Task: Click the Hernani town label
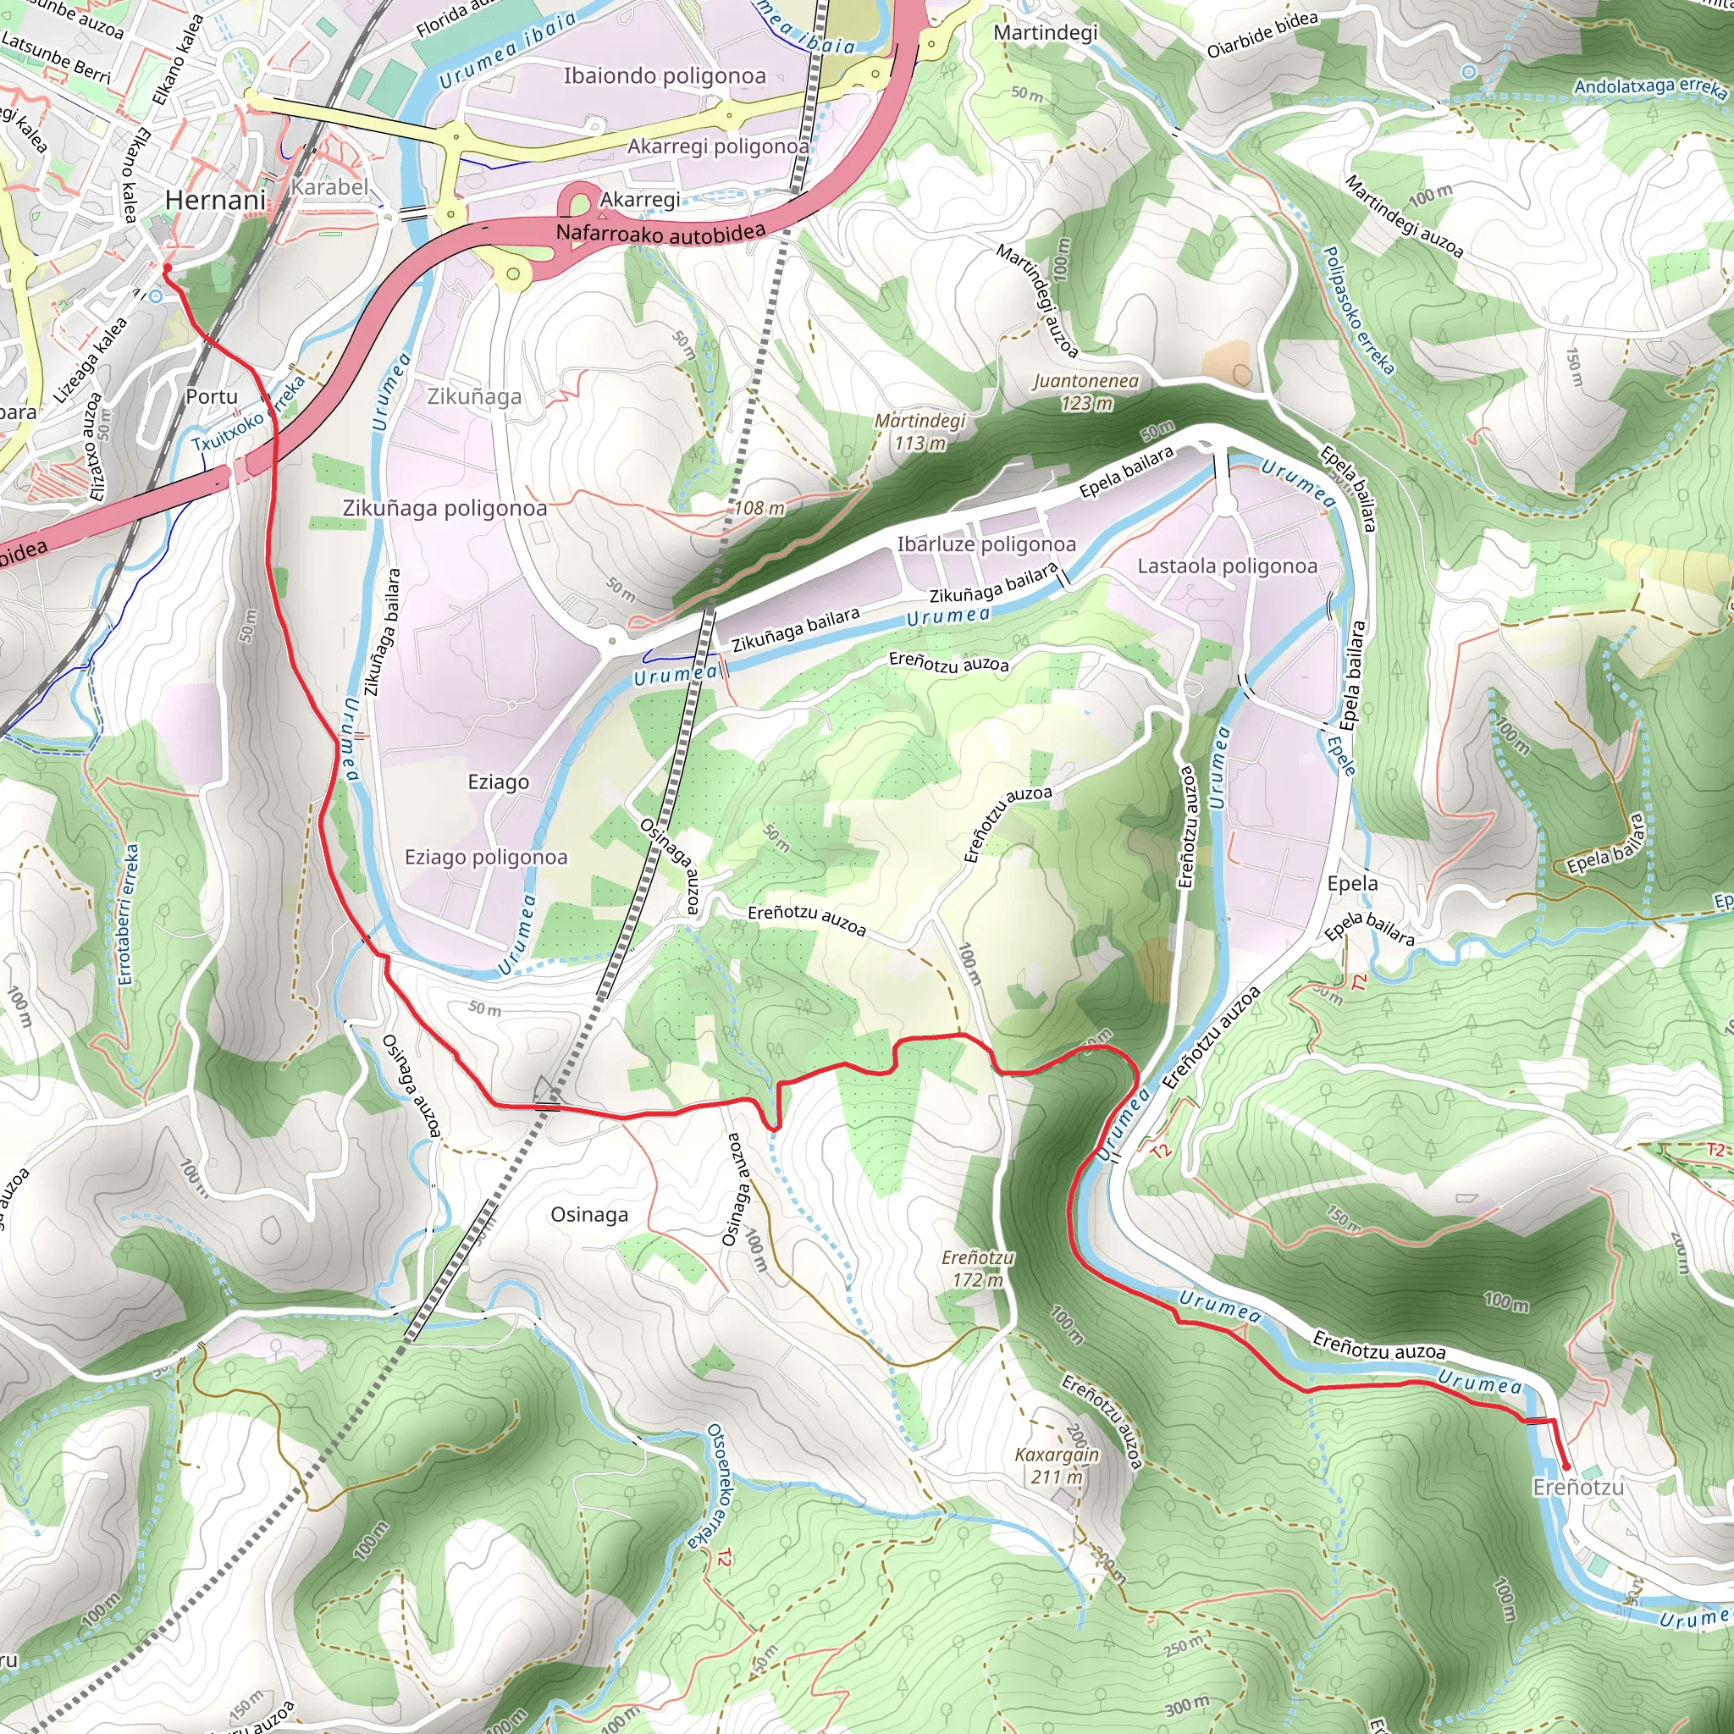coord(215,200)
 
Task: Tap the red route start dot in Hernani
coord(167,268)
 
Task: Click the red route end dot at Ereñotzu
coord(1566,1466)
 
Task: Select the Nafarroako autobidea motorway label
coord(660,234)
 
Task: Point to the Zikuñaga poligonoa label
coord(445,508)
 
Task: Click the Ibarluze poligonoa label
coord(986,544)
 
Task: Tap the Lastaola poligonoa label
coord(1226,566)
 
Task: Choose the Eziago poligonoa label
coord(485,857)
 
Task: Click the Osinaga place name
coord(588,1214)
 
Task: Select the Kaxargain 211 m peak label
coord(1057,1466)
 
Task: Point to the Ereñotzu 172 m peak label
coord(977,1269)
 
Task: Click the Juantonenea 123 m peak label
coord(1085,392)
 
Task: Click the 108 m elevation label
coord(759,509)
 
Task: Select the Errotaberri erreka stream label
coord(129,914)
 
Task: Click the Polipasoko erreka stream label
coord(1359,311)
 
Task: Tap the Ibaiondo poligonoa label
coord(664,76)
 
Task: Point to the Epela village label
coord(1351,883)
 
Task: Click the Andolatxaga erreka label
coord(1649,87)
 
